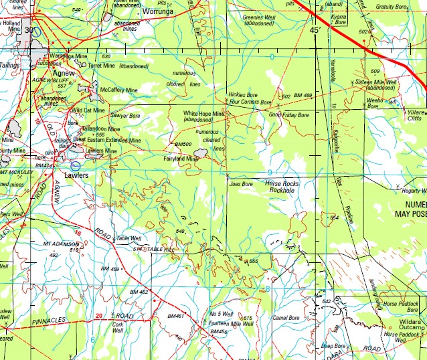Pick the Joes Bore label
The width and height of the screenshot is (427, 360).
241,184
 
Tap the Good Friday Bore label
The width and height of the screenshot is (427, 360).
288,115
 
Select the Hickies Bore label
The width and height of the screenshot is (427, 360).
243,95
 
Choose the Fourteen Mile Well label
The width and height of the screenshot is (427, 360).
231,324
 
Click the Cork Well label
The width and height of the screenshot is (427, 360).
118,325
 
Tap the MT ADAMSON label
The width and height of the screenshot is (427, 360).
61,243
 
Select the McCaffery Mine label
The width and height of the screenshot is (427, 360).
118,90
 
